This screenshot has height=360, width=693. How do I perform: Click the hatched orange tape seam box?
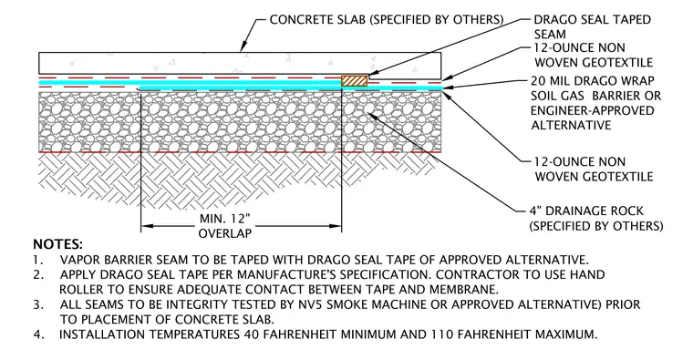354,81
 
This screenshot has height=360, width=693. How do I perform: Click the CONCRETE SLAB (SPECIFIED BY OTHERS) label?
387,20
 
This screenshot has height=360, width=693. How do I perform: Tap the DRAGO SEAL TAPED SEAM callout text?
592,27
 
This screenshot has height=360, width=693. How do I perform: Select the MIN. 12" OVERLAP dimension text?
225,226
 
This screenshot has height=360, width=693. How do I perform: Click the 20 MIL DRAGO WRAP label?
593,81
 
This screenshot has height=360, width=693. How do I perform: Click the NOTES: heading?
57,244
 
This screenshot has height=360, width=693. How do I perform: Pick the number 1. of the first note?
38,260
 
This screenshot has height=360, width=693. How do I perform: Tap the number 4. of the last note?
39,334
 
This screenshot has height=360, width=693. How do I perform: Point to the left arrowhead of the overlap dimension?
147,226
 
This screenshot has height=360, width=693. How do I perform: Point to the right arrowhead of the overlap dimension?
336,226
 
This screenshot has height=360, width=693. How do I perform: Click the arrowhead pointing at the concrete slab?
242,47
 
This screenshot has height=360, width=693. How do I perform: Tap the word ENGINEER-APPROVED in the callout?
592,110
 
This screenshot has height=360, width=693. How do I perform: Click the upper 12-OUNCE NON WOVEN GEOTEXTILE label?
594,56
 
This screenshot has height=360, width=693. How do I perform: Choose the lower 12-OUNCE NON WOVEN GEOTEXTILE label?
594,170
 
